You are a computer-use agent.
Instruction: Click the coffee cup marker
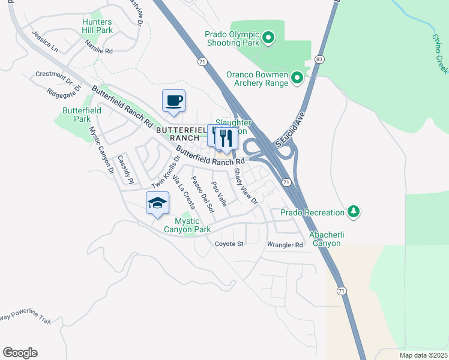(x=173, y=101)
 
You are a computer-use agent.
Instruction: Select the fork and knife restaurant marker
(x=226, y=138)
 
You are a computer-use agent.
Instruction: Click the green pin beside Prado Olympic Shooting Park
(x=269, y=40)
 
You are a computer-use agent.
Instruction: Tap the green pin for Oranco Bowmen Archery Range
(x=297, y=77)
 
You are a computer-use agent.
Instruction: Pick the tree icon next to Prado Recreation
(x=354, y=211)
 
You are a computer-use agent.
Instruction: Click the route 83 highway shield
(x=319, y=59)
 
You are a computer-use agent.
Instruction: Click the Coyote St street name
(x=229, y=244)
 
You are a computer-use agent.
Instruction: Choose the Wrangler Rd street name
(x=285, y=245)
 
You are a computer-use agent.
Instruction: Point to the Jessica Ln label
(x=45, y=40)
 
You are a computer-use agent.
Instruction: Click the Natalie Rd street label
(x=99, y=47)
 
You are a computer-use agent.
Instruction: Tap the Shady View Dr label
(x=246, y=185)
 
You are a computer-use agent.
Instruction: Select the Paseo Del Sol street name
(x=203, y=195)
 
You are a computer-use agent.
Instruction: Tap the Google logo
(x=20, y=353)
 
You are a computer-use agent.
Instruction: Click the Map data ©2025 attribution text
(x=423, y=355)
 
